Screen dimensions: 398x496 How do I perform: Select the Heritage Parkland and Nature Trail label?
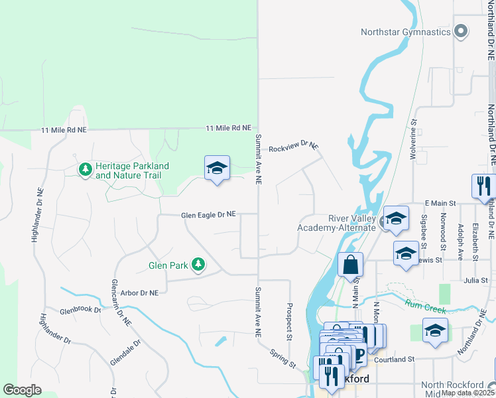coord(132,170)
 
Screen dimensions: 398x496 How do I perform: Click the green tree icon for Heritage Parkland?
coord(85,170)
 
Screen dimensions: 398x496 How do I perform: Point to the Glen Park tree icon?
coord(198,265)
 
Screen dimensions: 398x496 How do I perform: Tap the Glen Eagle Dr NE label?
coord(208,215)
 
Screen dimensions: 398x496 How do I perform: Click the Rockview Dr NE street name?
coord(293,145)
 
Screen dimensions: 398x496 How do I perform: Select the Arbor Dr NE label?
coord(139,293)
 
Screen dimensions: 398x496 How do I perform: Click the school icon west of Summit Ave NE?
coord(217,169)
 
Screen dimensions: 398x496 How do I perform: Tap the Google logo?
coord(22,389)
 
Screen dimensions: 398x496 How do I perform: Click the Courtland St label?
coord(394,360)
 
